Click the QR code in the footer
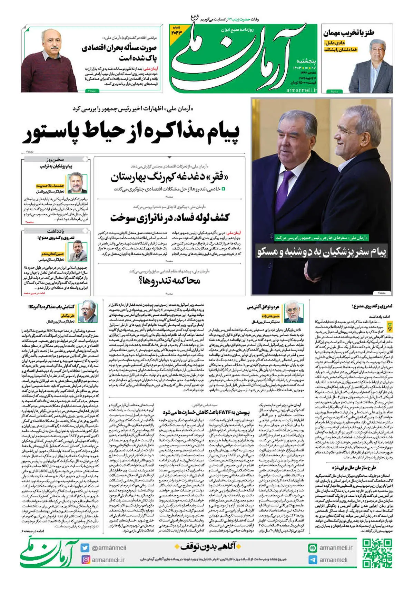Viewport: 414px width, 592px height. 377,554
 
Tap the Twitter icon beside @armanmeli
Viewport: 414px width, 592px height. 85,548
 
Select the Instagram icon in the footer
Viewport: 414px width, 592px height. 85,560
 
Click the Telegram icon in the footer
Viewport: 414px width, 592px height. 313,560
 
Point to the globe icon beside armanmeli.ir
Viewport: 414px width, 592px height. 313,548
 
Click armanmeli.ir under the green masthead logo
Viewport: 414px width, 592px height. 302,90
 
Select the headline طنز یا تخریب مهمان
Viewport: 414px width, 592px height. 348,33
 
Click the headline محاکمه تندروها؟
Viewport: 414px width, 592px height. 169,280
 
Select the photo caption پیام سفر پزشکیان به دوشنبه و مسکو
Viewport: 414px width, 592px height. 322,252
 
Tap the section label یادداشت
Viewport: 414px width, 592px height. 56,231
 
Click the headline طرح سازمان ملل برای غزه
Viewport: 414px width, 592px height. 354,468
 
